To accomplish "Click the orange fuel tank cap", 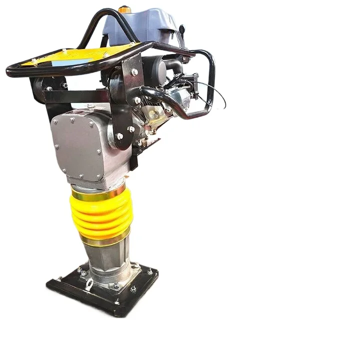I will point(124,9).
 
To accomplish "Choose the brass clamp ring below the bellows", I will point(105,240).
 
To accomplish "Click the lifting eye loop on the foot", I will point(89,285).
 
